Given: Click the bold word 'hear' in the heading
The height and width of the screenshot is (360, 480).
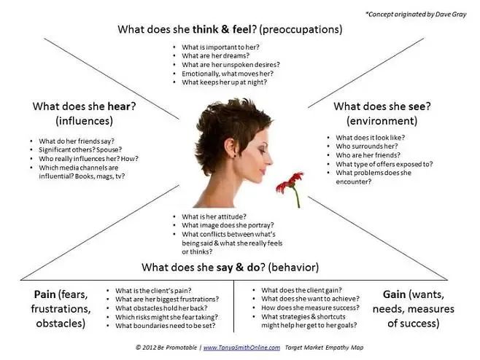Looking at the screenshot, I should click(123, 106).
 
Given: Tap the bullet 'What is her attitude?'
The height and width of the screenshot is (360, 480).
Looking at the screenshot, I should click(213, 216).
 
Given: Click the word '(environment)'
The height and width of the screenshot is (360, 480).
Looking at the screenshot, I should click(382, 120).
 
